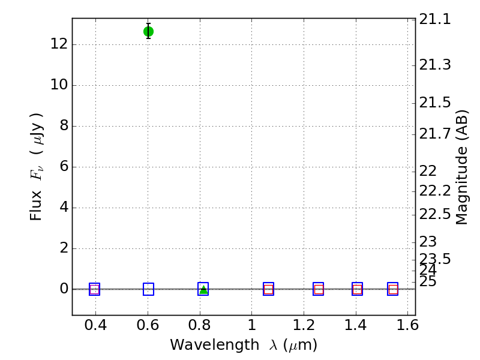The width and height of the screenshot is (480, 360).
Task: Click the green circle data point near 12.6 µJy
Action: [148, 31]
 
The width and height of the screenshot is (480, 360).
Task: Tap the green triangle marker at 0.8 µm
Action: [203, 290]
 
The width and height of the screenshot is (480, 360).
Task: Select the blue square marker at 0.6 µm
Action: [148, 289]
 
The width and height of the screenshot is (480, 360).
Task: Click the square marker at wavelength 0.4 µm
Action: [94, 289]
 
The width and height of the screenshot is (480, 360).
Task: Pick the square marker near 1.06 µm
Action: [268, 289]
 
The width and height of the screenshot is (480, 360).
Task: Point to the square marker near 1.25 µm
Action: [318, 289]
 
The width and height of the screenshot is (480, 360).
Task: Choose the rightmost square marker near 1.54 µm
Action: [393, 289]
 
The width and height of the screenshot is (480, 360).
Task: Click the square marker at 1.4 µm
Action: [357, 289]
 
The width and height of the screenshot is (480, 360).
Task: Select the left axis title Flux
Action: [37, 166]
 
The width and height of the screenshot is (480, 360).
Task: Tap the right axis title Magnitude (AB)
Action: [462, 167]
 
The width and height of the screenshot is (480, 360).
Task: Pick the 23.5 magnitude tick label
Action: [435, 259]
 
